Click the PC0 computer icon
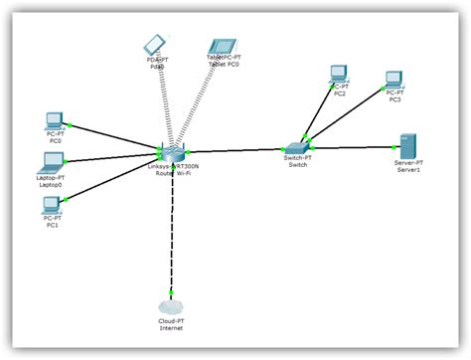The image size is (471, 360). click(55, 120)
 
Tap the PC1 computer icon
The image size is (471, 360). click(52, 204)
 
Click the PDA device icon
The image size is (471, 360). click(154, 45)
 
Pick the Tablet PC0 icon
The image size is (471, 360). click(220, 47)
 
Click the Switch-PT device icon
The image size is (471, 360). click(298, 147)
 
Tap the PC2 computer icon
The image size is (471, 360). click(340, 73)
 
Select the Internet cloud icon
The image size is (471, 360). click(172, 309)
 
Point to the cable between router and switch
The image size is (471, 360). click(235, 150)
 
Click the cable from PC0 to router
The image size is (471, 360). click(114, 137)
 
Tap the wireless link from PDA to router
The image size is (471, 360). click(163, 99)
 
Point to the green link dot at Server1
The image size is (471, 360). click(394, 146)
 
